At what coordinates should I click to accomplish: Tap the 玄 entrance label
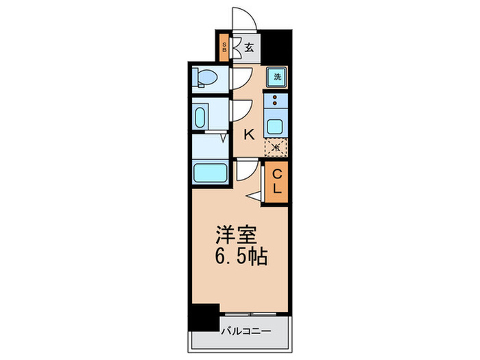point(250,48)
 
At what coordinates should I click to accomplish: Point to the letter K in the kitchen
point(250,134)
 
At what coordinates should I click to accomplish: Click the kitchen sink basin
point(277,126)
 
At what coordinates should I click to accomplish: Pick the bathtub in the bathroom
point(211,172)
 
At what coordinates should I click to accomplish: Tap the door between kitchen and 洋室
point(245,171)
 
